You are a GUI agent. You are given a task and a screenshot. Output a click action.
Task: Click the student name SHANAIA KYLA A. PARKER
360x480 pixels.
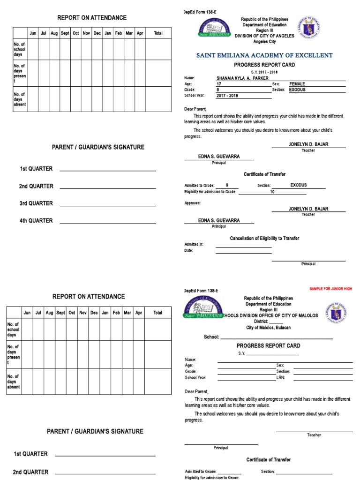(x=242, y=78)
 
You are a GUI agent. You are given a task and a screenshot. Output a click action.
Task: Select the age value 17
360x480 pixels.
(x=218, y=84)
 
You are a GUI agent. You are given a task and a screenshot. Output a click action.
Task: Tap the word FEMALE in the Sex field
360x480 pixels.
(x=297, y=84)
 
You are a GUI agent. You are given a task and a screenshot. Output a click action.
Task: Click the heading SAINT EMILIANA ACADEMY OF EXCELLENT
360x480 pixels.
(x=264, y=55)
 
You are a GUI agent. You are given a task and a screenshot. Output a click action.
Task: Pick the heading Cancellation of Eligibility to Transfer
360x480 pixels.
(x=264, y=239)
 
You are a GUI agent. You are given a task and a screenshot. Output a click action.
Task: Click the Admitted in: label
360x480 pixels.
(x=194, y=244)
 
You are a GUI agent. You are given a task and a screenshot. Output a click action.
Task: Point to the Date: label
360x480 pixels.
(x=189, y=251)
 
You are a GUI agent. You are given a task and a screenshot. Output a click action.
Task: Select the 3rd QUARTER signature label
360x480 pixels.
(x=36, y=203)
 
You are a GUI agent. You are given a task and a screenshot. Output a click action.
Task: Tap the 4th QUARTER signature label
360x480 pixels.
(x=36, y=221)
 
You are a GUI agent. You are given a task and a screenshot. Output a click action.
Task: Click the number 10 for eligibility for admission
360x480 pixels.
(x=272, y=192)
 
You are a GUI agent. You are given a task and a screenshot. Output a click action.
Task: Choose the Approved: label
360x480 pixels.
(x=193, y=203)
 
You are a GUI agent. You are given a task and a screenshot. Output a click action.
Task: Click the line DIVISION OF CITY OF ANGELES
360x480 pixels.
(x=264, y=36)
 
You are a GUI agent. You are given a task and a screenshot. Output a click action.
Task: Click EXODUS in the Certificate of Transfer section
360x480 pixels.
(x=299, y=185)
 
